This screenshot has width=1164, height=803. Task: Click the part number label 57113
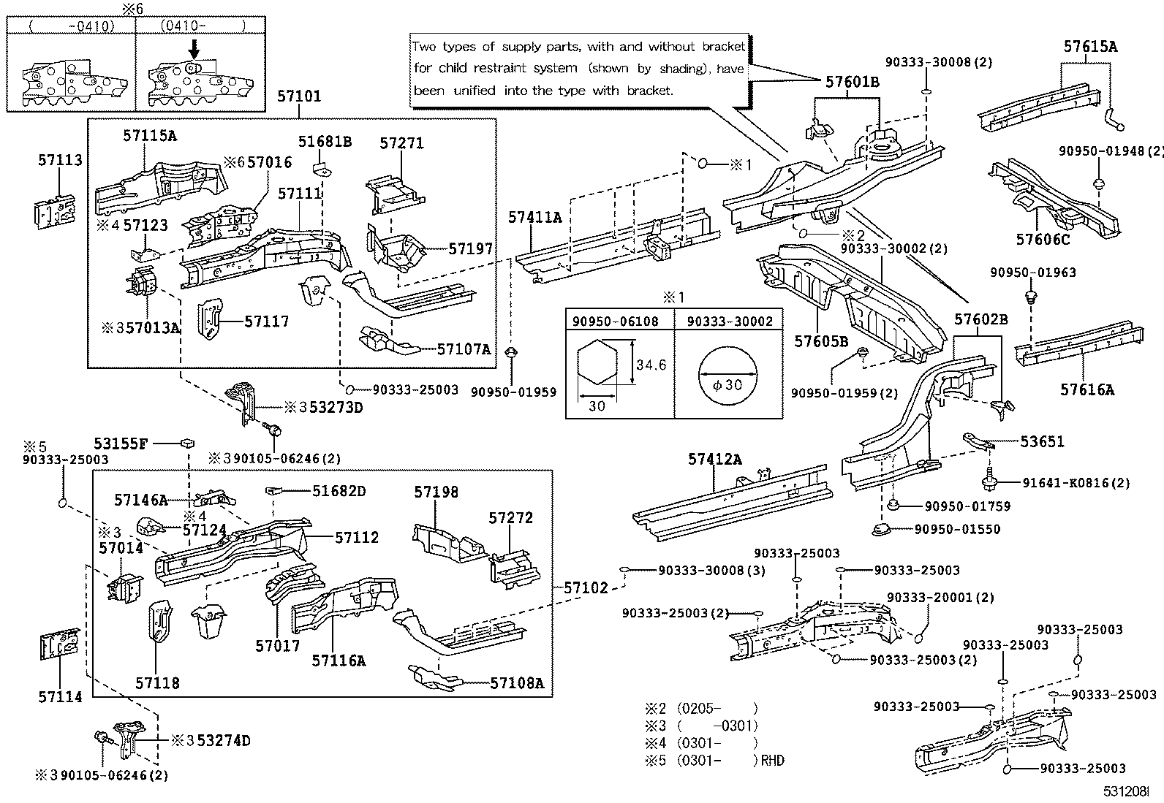click(x=60, y=160)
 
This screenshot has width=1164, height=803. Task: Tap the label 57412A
click(x=714, y=459)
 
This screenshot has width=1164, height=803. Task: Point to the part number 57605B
click(x=821, y=341)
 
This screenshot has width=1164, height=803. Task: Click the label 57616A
click(x=1087, y=390)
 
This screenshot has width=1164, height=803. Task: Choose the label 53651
click(x=1042, y=441)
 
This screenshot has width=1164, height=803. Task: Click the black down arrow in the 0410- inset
click(x=194, y=49)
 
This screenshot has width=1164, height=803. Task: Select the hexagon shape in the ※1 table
click(x=598, y=363)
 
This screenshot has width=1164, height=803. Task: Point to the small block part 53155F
click(x=188, y=442)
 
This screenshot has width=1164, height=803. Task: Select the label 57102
click(x=586, y=587)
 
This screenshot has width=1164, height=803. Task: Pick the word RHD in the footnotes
click(x=772, y=761)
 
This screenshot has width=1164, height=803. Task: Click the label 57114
click(x=60, y=697)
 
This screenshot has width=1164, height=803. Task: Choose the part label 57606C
click(x=1042, y=239)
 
